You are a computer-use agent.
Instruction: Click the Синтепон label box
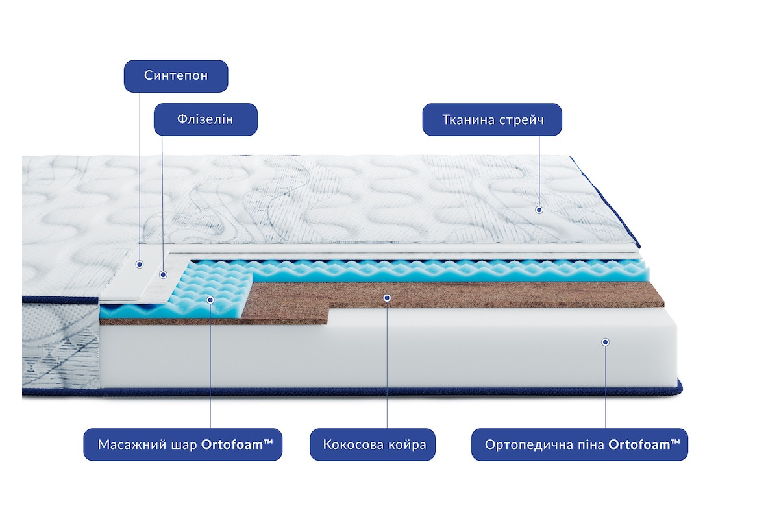176,76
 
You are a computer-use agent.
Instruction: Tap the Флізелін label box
206,119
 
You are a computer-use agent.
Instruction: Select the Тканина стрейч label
492,119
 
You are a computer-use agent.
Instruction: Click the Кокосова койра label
373,444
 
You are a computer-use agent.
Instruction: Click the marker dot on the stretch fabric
539,210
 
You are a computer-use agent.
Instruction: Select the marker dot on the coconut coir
387,298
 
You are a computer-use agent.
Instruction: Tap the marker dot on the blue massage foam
210,300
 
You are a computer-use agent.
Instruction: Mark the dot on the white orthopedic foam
605,342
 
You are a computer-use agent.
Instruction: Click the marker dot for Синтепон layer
140,265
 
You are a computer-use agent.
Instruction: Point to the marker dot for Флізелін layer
163,275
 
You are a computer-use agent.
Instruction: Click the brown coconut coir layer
452,295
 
